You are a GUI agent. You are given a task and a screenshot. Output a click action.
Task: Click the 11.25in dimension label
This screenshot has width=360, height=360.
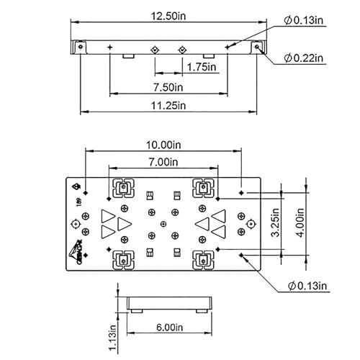click(168, 105)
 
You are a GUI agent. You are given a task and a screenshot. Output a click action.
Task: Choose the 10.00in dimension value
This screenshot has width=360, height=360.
click(163, 145)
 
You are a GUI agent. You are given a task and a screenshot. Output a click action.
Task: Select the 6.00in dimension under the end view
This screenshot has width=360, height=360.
click(170, 326)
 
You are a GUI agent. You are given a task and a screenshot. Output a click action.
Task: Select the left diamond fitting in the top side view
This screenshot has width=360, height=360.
click(155, 49)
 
